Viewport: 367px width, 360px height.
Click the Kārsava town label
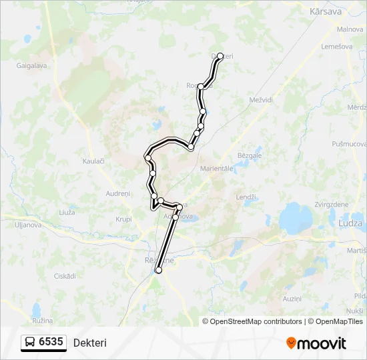(x=326, y=11)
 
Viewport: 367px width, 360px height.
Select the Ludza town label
(x=350, y=224)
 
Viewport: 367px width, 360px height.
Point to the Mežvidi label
(x=261, y=99)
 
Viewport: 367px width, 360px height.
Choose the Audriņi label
(x=117, y=193)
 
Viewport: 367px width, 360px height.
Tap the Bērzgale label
(x=250, y=155)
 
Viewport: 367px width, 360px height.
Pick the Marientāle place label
(x=217, y=169)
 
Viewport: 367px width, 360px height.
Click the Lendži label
(x=246, y=197)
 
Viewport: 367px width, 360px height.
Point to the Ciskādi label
(x=65, y=275)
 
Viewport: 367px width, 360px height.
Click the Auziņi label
(x=292, y=299)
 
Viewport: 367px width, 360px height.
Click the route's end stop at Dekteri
(x=220, y=57)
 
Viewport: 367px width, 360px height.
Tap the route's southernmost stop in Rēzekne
(x=159, y=270)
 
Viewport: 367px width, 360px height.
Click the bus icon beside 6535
(x=29, y=342)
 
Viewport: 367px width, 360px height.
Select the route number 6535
(x=51, y=342)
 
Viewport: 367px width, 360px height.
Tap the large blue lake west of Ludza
(x=296, y=218)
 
